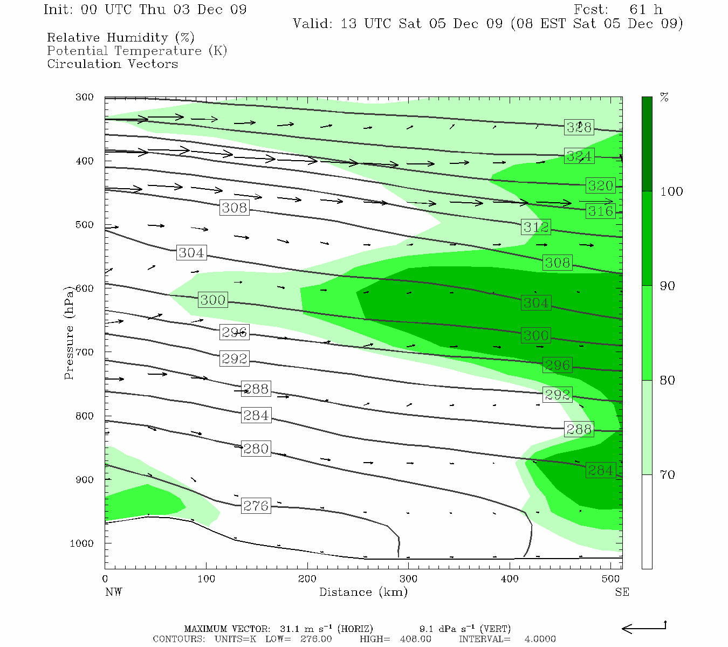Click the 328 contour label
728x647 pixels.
tap(579, 127)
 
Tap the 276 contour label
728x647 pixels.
tap(256, 506)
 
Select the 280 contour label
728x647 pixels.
tap(256, 449)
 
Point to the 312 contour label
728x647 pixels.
tap(535, 227)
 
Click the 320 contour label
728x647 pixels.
tap(600, 185)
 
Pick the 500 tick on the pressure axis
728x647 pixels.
tap(84, 225)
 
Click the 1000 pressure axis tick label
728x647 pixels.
tap(81, 543)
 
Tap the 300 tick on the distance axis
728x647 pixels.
tap(408, 579)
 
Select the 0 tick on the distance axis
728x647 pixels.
tap(105, 579)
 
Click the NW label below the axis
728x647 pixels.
tap(113, 592)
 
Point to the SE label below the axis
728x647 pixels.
tap(622, 592)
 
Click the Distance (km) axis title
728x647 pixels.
tap(363, 592)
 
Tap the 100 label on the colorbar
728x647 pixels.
tap(671, 191)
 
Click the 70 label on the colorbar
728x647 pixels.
tap(667, 475)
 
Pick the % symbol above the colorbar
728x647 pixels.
tap(664, 98)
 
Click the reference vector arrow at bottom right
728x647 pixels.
tap(644, 628)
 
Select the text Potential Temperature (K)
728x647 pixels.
tap(137, 51)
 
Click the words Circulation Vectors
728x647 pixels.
tap(112, 64)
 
